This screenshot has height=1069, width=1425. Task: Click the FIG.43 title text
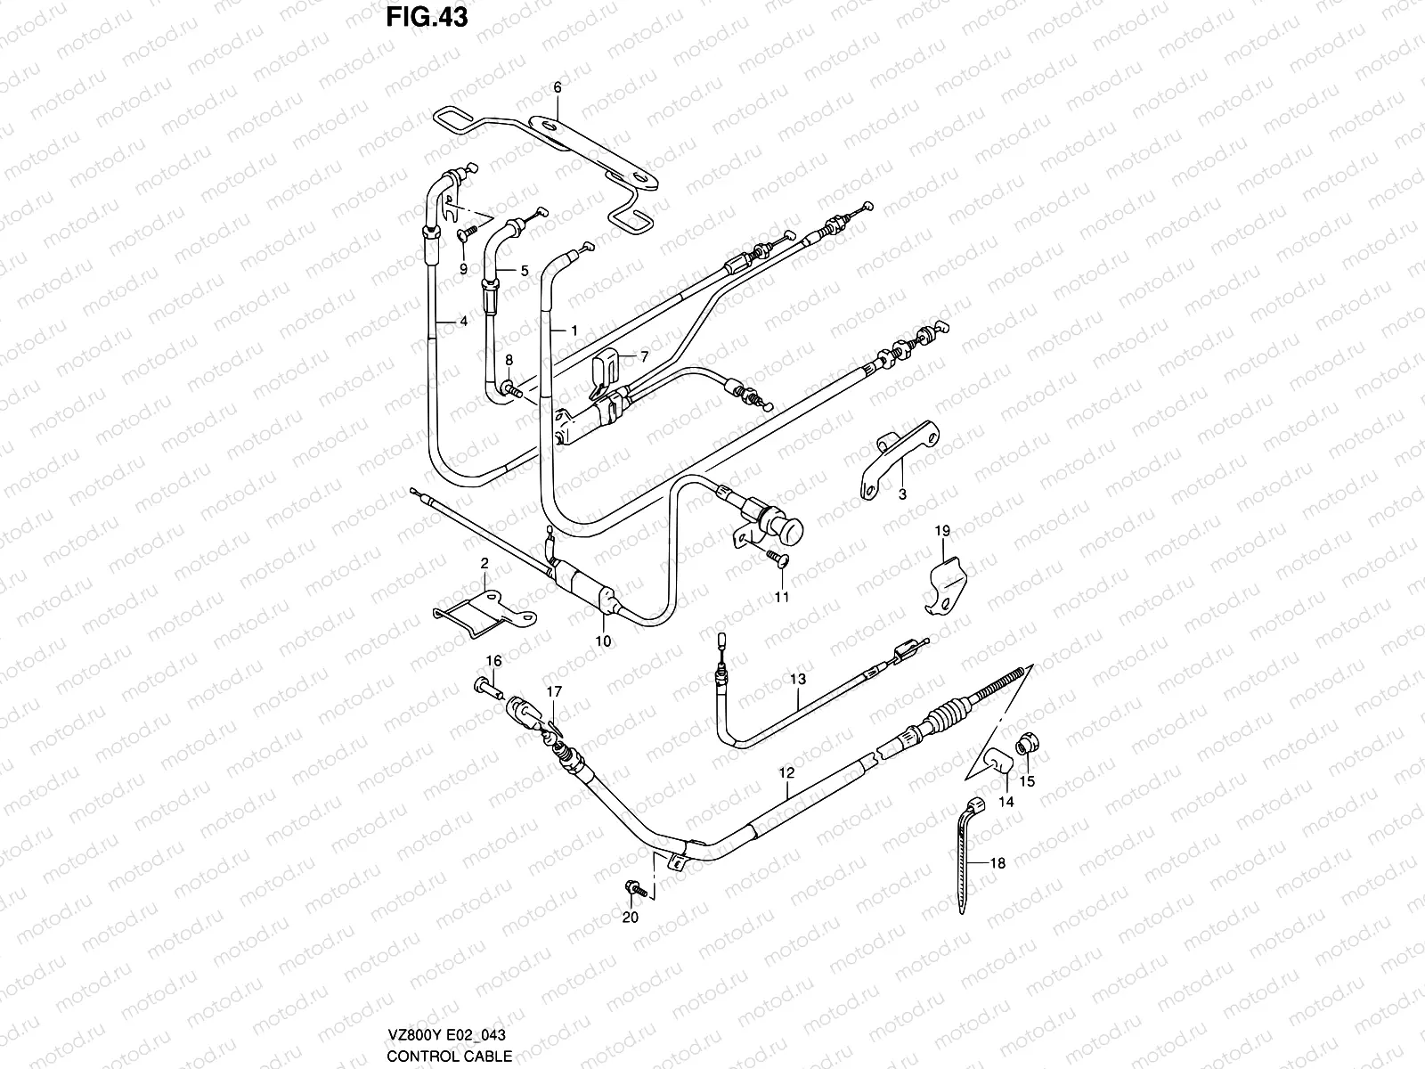coord(427,17)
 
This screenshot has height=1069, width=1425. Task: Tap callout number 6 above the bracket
coord(558,87)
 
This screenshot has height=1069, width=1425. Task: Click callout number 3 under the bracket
coord(901,494)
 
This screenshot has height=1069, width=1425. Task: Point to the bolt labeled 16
coord(485,687)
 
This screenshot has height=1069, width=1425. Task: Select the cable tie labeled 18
coord(970,855)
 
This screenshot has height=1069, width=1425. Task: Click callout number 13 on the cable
coord(797,679)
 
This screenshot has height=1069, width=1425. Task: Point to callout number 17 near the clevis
coord(554,691)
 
